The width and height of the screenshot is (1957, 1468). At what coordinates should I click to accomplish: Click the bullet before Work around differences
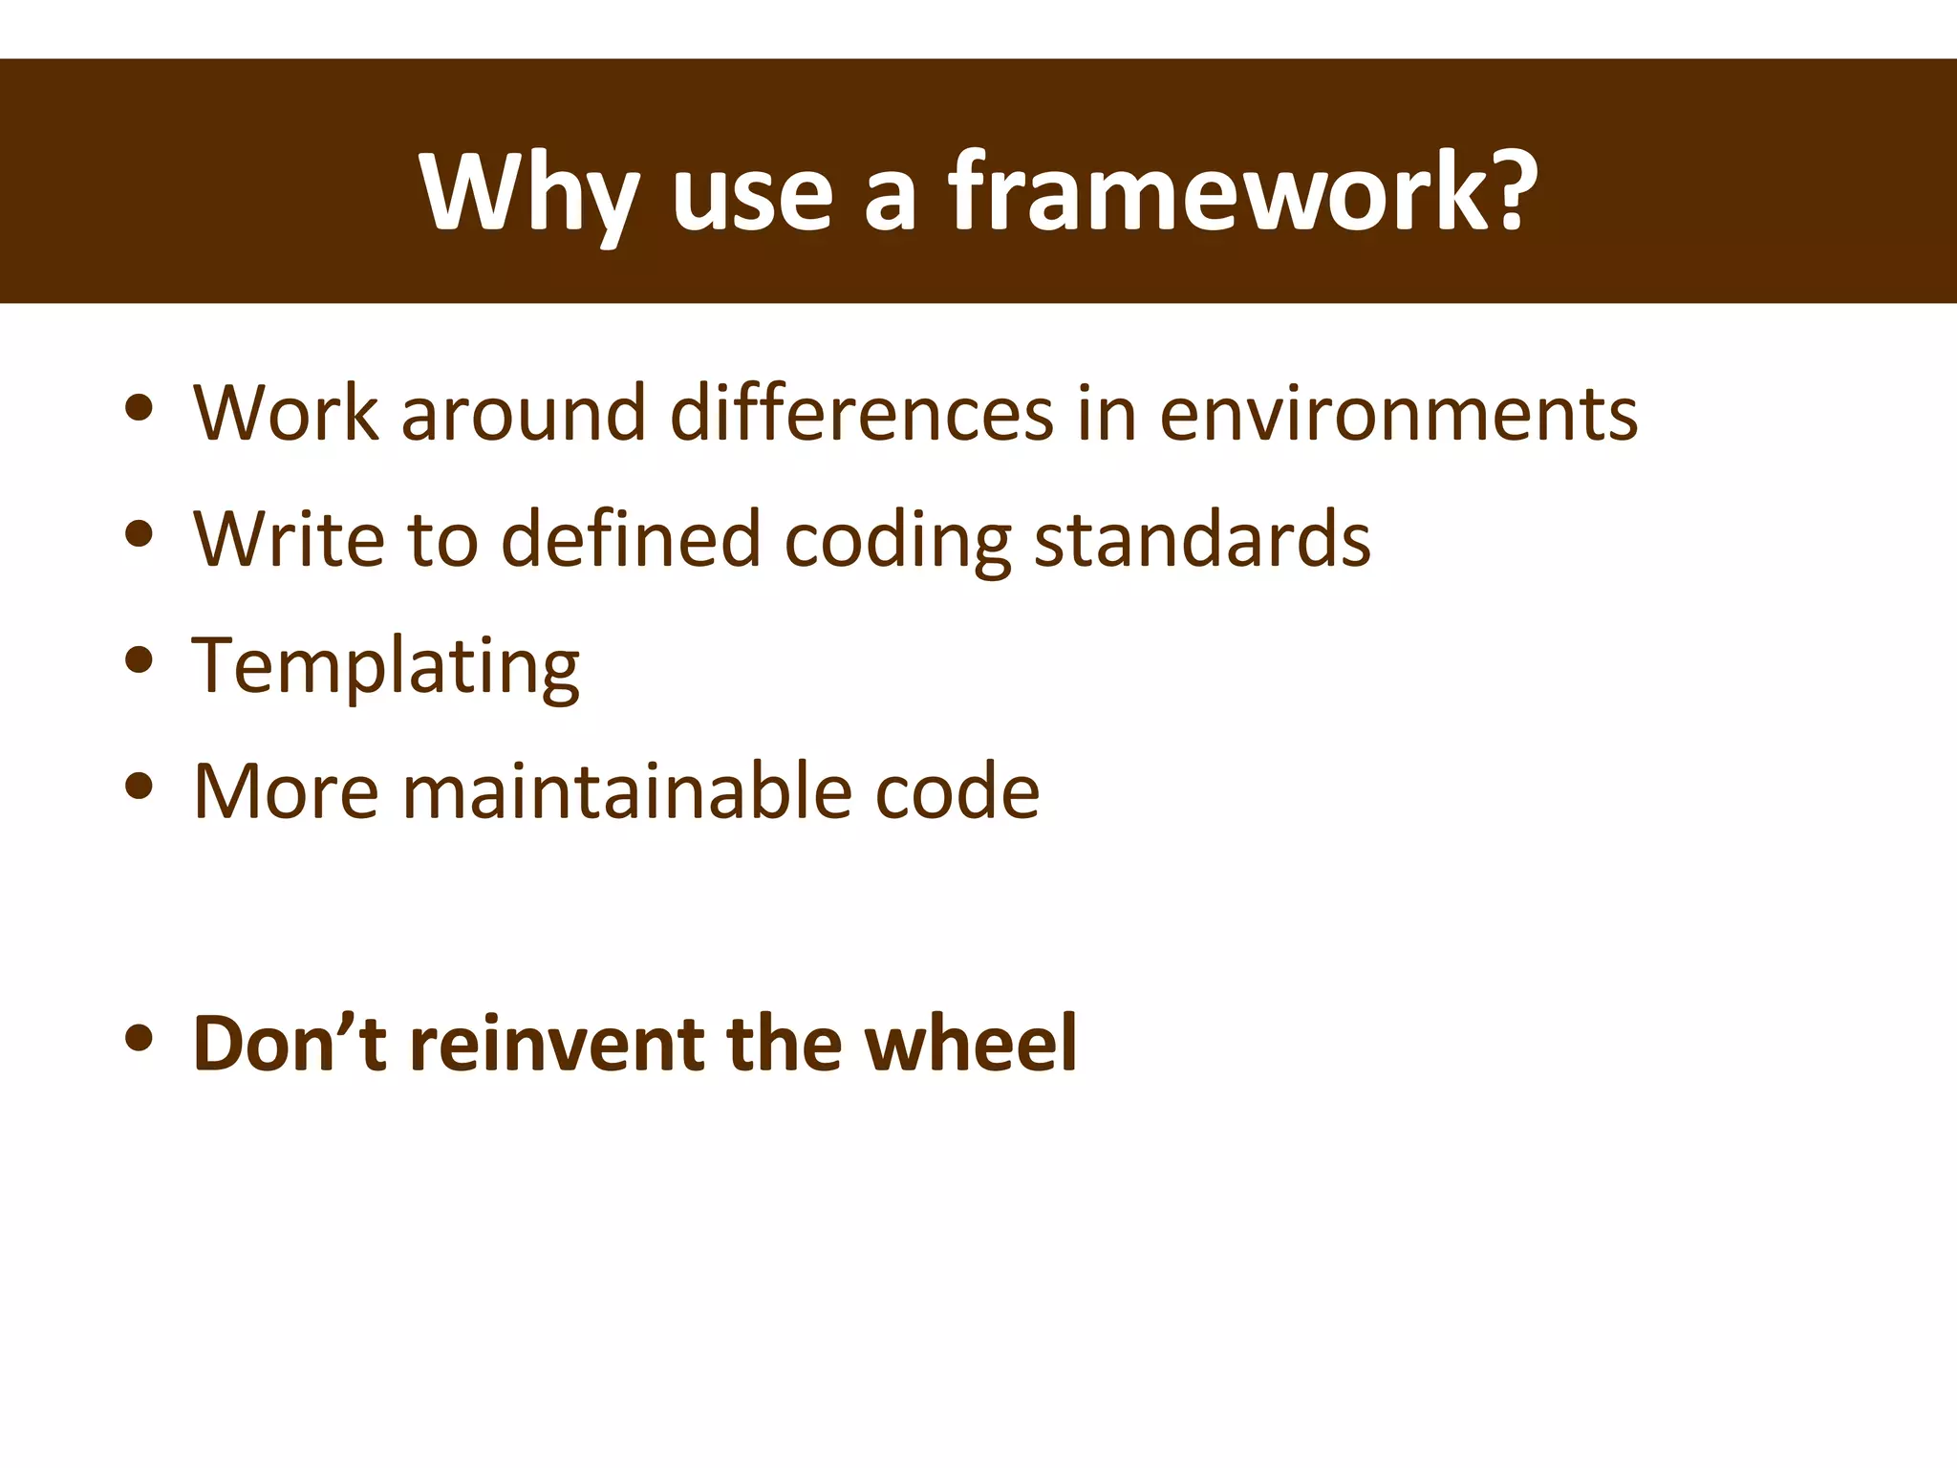(x=140, y=408)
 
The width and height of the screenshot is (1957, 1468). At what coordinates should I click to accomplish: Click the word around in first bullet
(x=524, y=413)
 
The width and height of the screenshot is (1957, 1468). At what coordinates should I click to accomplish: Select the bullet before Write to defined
(x=140, y=534)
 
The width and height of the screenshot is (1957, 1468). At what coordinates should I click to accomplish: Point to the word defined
(x=631, y=540)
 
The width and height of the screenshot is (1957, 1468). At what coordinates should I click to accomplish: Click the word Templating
(x=385, y=666)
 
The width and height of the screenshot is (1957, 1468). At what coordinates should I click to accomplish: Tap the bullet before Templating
(x=140, y=660)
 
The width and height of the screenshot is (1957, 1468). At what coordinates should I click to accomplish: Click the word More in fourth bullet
(x=286, y=791)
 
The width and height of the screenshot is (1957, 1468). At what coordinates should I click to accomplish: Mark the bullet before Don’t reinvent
(x=140, y=1038)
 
